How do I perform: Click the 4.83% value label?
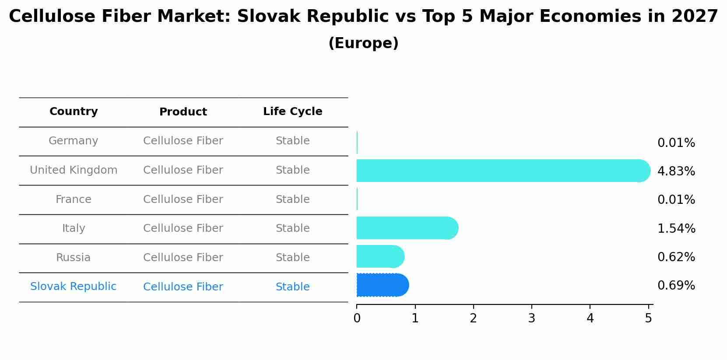(676, 171)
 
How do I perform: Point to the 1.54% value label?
(676, 229)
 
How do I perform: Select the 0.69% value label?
(676, 286)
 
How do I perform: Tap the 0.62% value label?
(676, 257)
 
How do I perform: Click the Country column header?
(74, 112)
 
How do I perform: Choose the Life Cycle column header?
(292, 112)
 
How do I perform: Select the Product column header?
(183, 112)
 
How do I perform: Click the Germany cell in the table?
(74, 141)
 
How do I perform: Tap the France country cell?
(74, 199)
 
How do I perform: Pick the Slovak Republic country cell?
(74, 287)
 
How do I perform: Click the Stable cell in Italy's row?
(292, 228)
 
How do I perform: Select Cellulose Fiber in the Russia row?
(183, 258)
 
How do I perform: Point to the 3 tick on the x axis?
(531, 318)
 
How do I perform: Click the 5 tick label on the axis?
(648, 318)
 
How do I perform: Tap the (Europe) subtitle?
(363, 43)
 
